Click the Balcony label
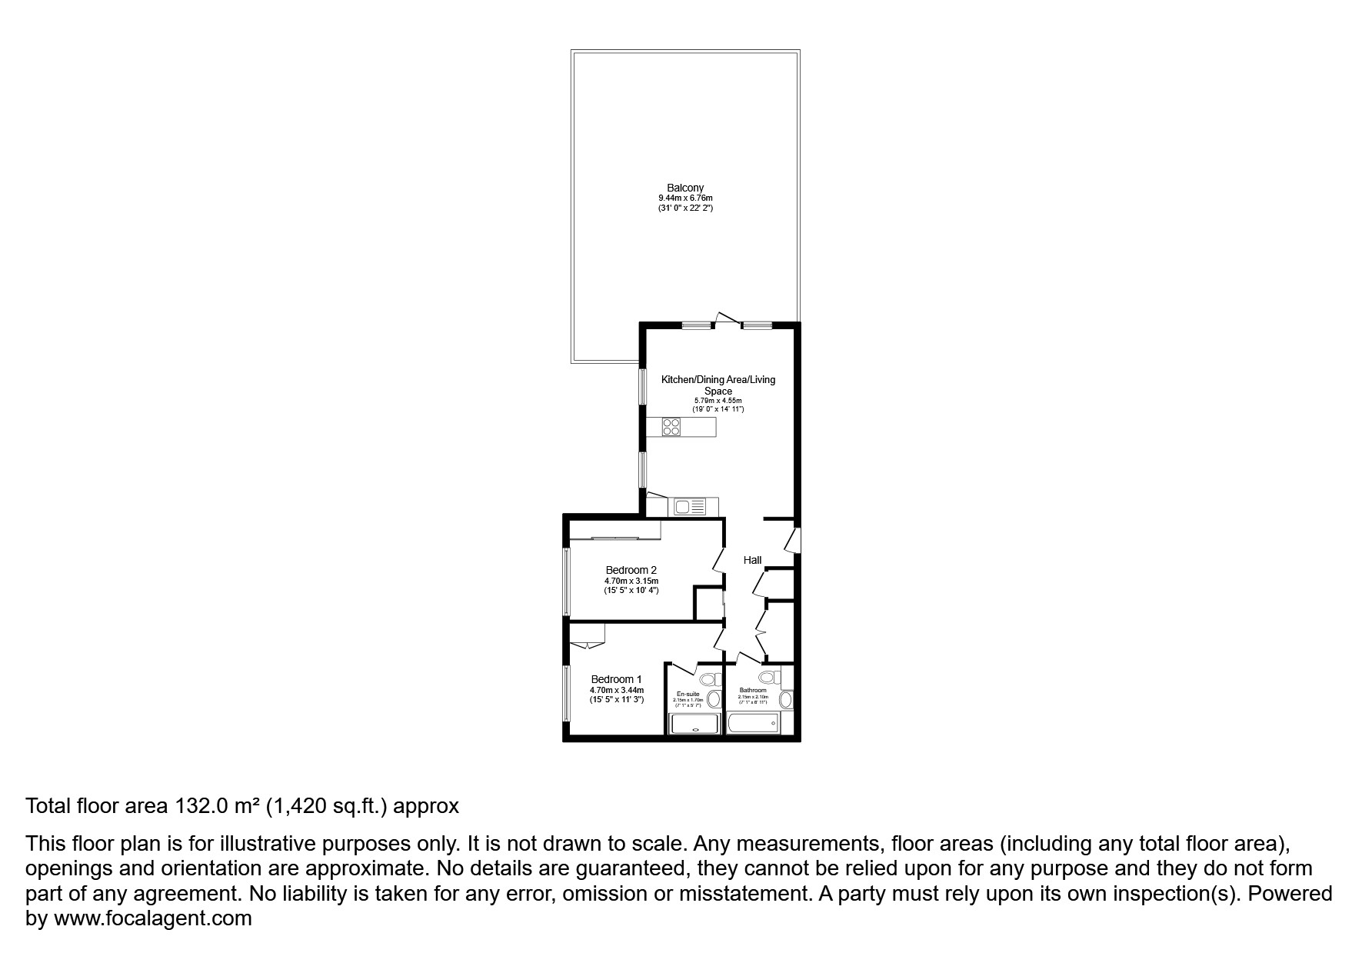[x=684, y=188]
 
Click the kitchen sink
[x=689, y=507]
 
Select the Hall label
[x=752, y=560]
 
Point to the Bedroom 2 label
[x=631, y=570]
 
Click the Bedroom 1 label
[x=616, y=679]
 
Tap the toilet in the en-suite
[x=711, y=679]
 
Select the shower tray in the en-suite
[x=695, y=725]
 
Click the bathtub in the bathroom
[x=753, y=724]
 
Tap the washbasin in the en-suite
[x=714, y=699]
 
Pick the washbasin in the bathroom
[x=785, y=700]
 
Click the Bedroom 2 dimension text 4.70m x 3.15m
[x=631, y=581]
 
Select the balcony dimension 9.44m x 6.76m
[x=684, y=198]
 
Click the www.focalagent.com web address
[x=152, y=918]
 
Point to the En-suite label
[x=688, y=694]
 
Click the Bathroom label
[x=753, y=691]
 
